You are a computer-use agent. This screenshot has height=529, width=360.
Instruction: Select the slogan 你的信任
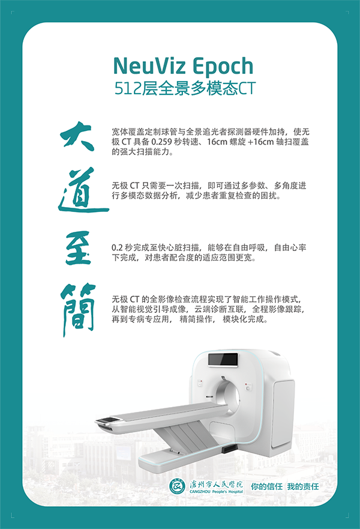click(266, 486)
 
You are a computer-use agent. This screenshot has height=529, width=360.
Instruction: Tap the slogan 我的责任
click(302, 486)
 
